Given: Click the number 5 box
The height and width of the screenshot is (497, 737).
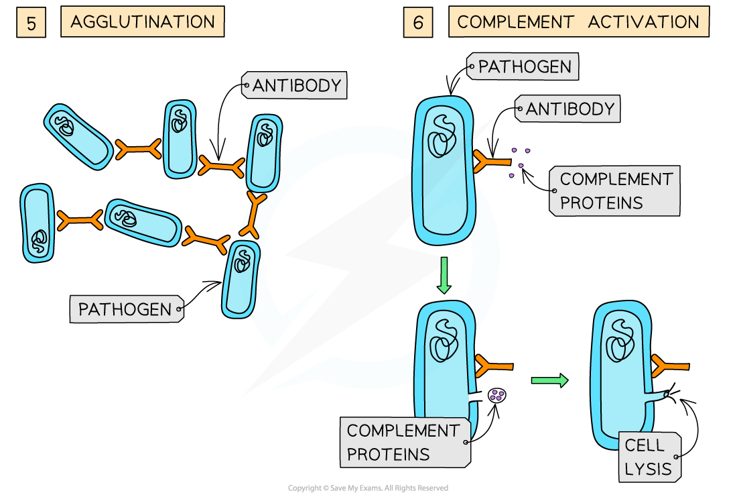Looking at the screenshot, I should (31, 23).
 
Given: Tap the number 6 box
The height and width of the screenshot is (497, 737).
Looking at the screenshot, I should (418, 23).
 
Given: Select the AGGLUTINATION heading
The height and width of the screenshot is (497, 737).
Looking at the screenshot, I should (142, 22).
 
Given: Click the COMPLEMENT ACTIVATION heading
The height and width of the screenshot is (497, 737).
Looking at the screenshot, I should (578, 22).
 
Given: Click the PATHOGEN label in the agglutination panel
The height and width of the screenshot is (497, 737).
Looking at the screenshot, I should (126, 309).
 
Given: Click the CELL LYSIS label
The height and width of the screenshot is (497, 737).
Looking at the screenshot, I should (648, 457).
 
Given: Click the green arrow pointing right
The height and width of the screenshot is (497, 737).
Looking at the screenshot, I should (549, 381).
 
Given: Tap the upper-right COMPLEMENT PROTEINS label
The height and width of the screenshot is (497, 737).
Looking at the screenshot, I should (614, 191).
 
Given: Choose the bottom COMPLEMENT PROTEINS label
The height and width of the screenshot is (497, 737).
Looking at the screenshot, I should (405, 442).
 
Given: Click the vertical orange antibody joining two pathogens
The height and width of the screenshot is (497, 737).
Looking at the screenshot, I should (253, 215).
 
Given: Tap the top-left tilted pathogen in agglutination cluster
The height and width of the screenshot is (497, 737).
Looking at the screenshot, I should (78, 136).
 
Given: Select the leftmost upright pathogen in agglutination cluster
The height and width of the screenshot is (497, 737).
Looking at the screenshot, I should (38, 223).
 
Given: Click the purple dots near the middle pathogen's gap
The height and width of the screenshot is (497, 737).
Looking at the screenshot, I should (496, 396).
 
